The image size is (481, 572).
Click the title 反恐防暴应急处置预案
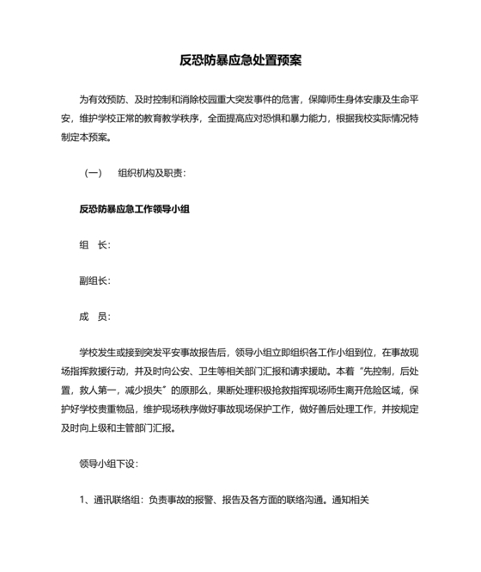click(240, 61)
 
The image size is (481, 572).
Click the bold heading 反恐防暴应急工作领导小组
click(133, 209)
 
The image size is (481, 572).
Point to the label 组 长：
click(94, 245)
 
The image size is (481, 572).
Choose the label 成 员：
click(94, 317)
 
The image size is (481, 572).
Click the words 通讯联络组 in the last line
click(117, 500)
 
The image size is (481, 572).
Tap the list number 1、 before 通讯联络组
click(84, 500)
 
